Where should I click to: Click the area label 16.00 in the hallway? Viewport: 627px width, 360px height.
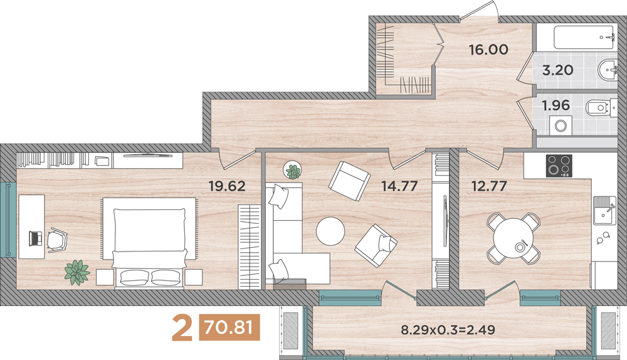coord(488,50)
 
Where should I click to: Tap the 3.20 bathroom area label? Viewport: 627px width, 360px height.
coord(557,70)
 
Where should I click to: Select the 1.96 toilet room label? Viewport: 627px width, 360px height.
coord(556,105)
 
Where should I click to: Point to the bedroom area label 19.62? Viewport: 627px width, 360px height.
coord(226,186)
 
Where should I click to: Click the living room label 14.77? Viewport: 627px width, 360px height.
coord(399,186)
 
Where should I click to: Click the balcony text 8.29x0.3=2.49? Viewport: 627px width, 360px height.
coord(444,329)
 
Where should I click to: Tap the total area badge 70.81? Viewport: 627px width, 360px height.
coord(229,328)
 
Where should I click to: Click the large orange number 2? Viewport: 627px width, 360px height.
coord(182,329)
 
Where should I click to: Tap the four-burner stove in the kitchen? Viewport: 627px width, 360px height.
coord(559,166)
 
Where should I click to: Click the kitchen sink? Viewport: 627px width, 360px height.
coord(604,211)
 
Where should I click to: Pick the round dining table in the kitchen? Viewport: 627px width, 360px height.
coord(514,238)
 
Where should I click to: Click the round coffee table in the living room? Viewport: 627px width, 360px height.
coord(330,231)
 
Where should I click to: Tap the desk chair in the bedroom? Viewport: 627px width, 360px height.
coord(57,239)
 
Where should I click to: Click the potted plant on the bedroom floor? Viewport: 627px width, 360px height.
coord(77,272)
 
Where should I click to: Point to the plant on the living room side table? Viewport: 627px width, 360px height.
coord(292,169)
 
